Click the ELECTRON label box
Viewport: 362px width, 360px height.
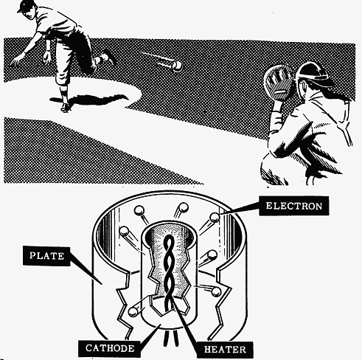pyautogui.click(x=294, y=206)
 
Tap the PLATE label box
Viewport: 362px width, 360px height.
pyautogui.click(x=46, y=256)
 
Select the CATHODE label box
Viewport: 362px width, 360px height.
pyautogui.click(x=110, y=348)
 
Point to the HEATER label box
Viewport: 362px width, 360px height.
pyautogui.click(x=225, y=349)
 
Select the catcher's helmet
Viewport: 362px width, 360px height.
pyautogui.click(x=312, y=73)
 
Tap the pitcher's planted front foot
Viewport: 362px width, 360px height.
pyautogui.click(x=65, y=107)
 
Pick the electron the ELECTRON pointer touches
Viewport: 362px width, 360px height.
pyautogui.click(x=215, y=218)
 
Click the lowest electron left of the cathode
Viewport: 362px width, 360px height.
pyautogui.click(x=133, y=311)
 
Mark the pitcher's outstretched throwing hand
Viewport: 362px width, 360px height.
pyautogui.click(x=17, y=60)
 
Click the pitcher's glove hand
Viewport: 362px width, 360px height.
pyautogui.click(x=46, y=57)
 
